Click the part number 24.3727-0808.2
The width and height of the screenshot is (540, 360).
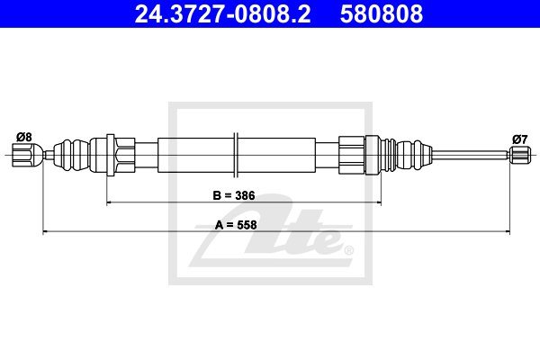pyautogui.click(x=222, y=13)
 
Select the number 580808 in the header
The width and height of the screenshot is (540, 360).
pyautogui.click(x=382, y=13)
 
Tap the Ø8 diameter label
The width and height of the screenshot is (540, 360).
pyautogui.click(x=23, y=137)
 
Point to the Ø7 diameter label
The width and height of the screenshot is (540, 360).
pyautogui.click(x=519, y=139)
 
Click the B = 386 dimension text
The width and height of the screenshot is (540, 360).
pyautogui.click(x=234, y=195)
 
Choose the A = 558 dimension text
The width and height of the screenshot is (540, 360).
pyautogui.click(x=236, y=225)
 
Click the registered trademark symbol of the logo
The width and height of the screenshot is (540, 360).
pyautogui.click(x=348, y=250)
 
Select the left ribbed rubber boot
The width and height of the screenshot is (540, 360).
pyautogui.click(x=71, y=155)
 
